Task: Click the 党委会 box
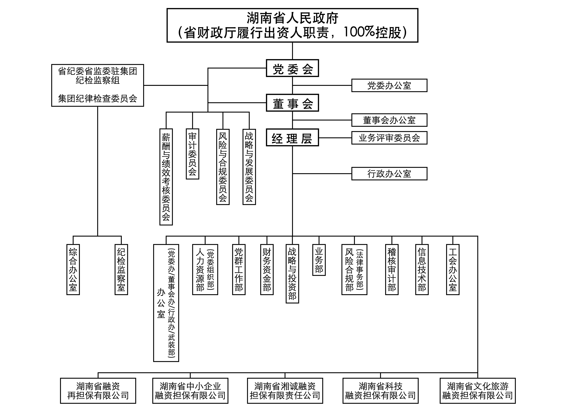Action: click(x=292, y=68)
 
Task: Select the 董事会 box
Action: click(x=292, y=103)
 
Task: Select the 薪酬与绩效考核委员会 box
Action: click(x=166, y=177)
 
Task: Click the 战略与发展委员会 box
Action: click(x=249, y=167)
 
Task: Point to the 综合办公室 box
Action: click(x=73, y=269)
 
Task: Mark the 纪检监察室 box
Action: click(x=121, y=269)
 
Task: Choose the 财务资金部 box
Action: click(x=267, y=269)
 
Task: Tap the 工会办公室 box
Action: click(x=452, y=269)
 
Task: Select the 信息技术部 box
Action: click(x=422, y=269)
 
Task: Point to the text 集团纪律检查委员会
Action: click(x=97, y=99)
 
